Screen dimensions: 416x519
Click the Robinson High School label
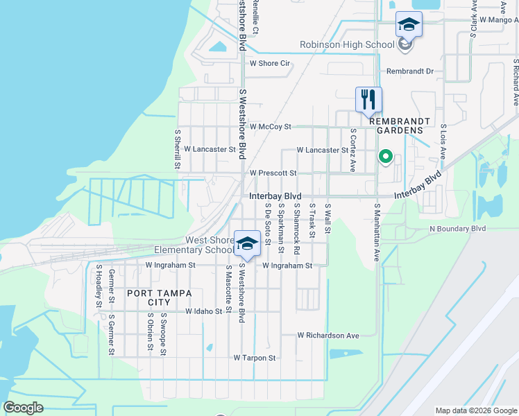[347, 45]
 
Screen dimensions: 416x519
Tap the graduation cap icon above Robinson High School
[409, 25]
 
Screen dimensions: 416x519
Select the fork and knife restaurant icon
[368, 98]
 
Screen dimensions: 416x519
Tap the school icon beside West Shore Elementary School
[247, 243]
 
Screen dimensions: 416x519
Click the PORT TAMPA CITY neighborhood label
[160, 297]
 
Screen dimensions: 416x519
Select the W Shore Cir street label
[269, 63]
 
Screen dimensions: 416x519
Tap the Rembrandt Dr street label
[409, 71]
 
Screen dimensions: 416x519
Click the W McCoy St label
[270, 127]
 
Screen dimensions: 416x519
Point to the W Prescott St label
[273, 173]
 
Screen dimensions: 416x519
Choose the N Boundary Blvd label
[457, 228]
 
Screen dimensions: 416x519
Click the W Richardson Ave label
[328, 336]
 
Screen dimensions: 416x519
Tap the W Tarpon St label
[255, 358]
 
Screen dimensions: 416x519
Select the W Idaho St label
[203, 312]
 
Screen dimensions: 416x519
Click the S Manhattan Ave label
[377, 232]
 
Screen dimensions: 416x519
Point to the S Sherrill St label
[178, 148]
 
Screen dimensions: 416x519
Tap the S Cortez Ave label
[353, 150]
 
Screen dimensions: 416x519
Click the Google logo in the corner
[23, 408]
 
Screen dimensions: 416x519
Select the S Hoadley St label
[99, 284]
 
